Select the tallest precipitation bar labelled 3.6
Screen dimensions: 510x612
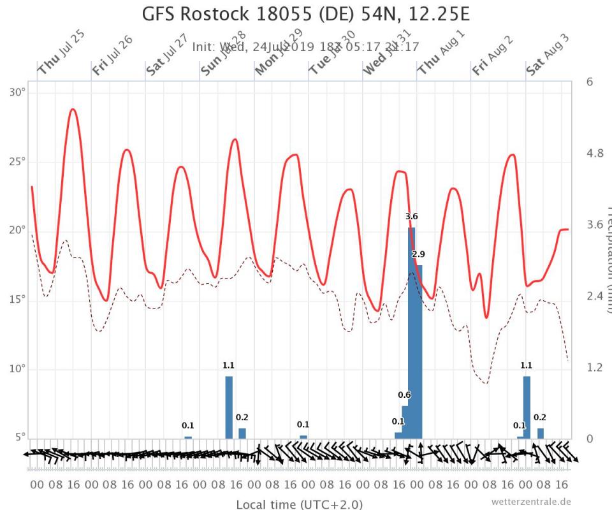[412, 331]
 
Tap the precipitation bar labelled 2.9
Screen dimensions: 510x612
[419, 351]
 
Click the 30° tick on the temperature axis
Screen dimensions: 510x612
[17, 92]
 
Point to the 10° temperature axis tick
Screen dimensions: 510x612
[17, 368]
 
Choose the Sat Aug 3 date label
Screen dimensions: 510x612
[548, 55]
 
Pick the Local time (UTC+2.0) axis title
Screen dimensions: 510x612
[299, 504]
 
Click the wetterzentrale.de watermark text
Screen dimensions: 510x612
[531, 502]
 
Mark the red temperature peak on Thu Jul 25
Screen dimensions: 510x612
[73, 109]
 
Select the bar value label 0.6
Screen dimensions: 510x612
[404, 395]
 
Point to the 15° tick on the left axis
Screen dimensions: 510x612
[17, 299]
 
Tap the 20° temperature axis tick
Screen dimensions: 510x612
[17, 230]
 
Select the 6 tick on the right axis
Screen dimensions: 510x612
[590, 82]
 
